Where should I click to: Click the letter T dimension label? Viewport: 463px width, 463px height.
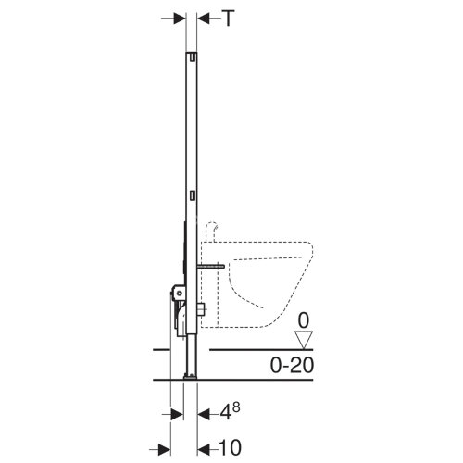(229, 19)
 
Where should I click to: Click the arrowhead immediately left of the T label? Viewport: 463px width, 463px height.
(204, 19)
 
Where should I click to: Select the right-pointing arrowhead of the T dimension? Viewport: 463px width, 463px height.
(180, 19)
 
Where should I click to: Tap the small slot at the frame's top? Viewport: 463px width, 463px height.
(193, 57)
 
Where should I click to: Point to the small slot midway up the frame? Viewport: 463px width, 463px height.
(193, 195)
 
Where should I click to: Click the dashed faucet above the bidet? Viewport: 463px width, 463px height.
(212, 231)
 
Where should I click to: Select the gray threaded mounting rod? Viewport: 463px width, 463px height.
(210, 266)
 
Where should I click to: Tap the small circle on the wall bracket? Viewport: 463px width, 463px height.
(178, 294)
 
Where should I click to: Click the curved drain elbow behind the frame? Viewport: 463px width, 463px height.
(181, 319)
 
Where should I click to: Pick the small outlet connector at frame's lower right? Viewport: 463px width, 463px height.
(202, 310)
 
